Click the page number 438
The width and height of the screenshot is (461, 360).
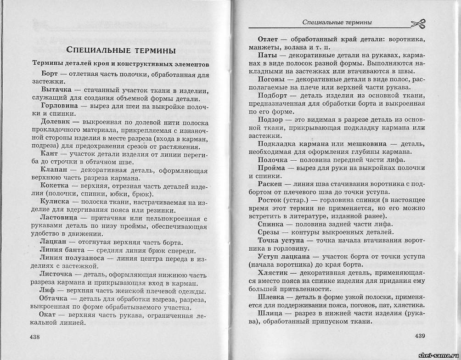tap(35, 337)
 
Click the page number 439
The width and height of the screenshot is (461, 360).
tap(421, 336)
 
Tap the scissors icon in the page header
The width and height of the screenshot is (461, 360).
tap(417, 23)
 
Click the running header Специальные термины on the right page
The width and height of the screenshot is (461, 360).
tap(337, 22)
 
